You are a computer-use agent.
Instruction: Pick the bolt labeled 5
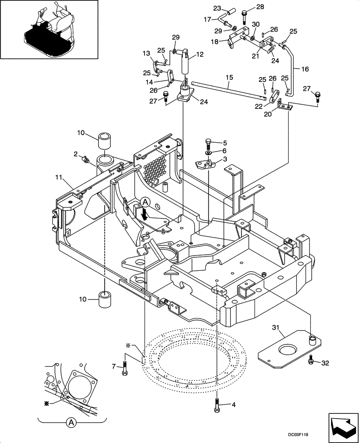click(x=209, y=144)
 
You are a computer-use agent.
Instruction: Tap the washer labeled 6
click(x=208, y=153)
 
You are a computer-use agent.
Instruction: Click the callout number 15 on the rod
click(x=229, y=77)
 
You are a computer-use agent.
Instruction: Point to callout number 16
click(x=305, y=69)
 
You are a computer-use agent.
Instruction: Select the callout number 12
click(x=200, y=54)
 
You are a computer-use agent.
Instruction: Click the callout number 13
click(x=146, y=54)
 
